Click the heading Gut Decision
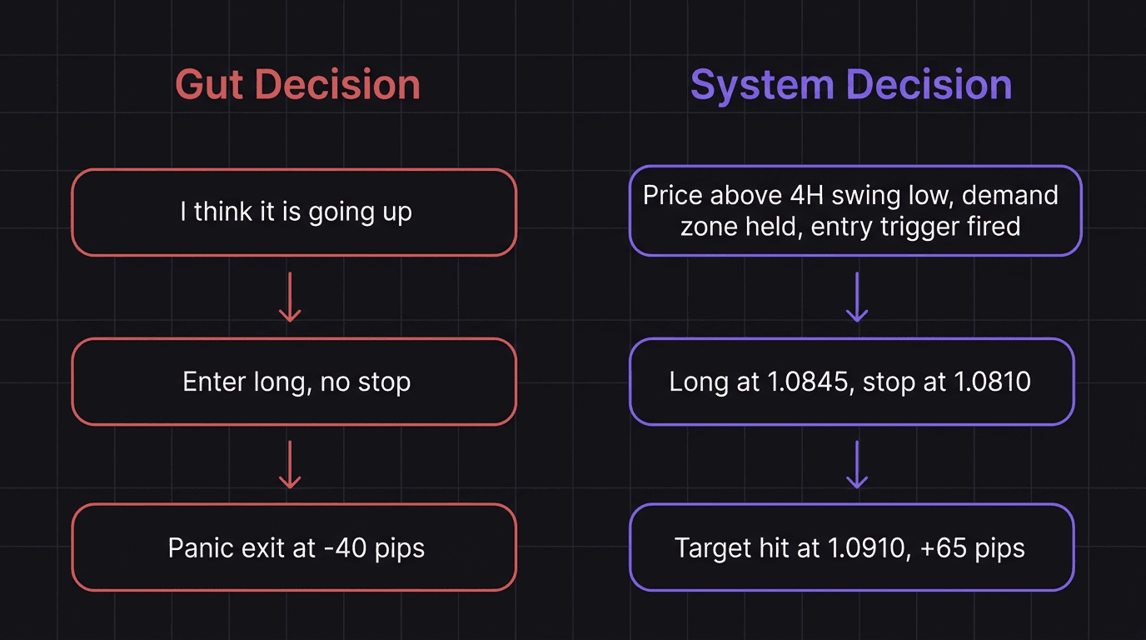point(297,85)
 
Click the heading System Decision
point(851,85)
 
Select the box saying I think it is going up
point(294,212)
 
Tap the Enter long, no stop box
point(294,382)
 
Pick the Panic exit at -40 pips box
point(294,547)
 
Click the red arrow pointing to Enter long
point(289,297)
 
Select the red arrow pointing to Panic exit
point(289,464)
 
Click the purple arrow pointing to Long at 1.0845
point(856,297)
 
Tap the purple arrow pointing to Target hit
point(856,464)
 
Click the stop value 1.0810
point(992,382)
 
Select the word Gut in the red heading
point(210,85)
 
